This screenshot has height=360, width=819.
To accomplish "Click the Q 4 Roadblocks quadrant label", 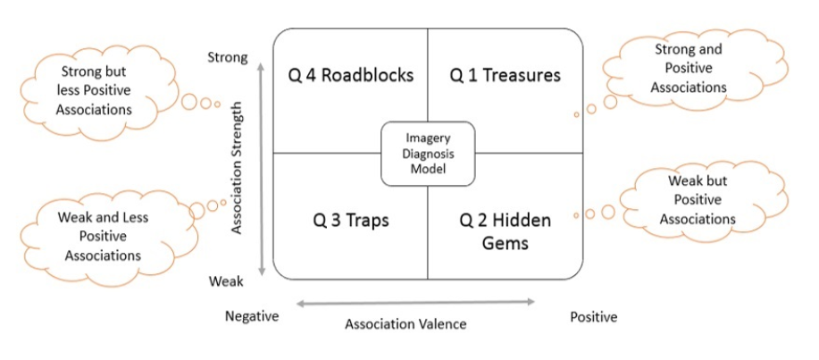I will pyautogui.click(x=351, y=75).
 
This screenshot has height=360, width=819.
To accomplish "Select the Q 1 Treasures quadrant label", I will pyautogui.click(x=505, y=75).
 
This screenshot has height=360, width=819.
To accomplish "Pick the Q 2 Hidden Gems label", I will pyautogui.click(x=505, y=230).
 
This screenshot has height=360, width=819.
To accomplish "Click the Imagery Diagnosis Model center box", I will pyautogui.click(x=428, y=153).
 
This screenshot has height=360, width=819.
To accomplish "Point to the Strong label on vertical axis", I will pyautogui.click(x=228, y=58).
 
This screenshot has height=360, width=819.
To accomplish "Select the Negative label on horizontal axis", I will pyautogui.click(x=252, y=316).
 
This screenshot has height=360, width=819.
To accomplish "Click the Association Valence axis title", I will pyautogui.click(x=405, y=324).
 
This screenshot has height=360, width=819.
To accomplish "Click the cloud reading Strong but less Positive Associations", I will pyautogui.click(x=97, y=90).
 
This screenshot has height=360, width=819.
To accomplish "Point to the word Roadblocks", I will pyautogui.click(x=367, y=75).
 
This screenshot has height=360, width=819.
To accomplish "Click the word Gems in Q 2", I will pyautogui.click(x=506, y=241).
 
